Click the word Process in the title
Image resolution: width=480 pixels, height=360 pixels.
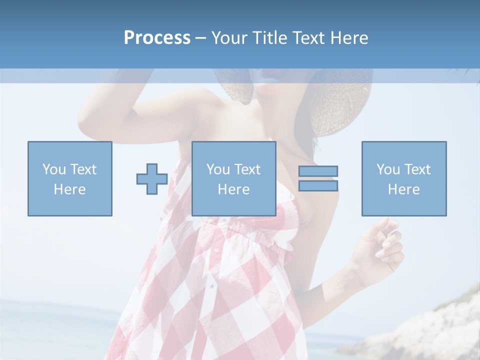point(157,38)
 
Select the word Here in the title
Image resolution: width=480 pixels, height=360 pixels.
point(349,38)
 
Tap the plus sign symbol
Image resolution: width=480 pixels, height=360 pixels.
point(152,179)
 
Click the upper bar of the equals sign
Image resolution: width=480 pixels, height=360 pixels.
point(318,171)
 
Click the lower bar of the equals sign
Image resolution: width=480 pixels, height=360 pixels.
point(318,186)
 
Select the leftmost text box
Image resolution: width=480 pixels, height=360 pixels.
point(70,178)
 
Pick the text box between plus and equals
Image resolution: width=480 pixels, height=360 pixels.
point(233,178)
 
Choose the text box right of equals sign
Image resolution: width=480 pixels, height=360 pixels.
point(404,178)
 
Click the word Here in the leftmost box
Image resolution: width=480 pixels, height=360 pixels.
point(70,189)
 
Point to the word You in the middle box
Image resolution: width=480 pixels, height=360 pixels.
point(218,169)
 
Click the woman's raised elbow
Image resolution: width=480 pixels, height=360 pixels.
point(87,122)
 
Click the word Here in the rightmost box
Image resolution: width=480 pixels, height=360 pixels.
point(404,189)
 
